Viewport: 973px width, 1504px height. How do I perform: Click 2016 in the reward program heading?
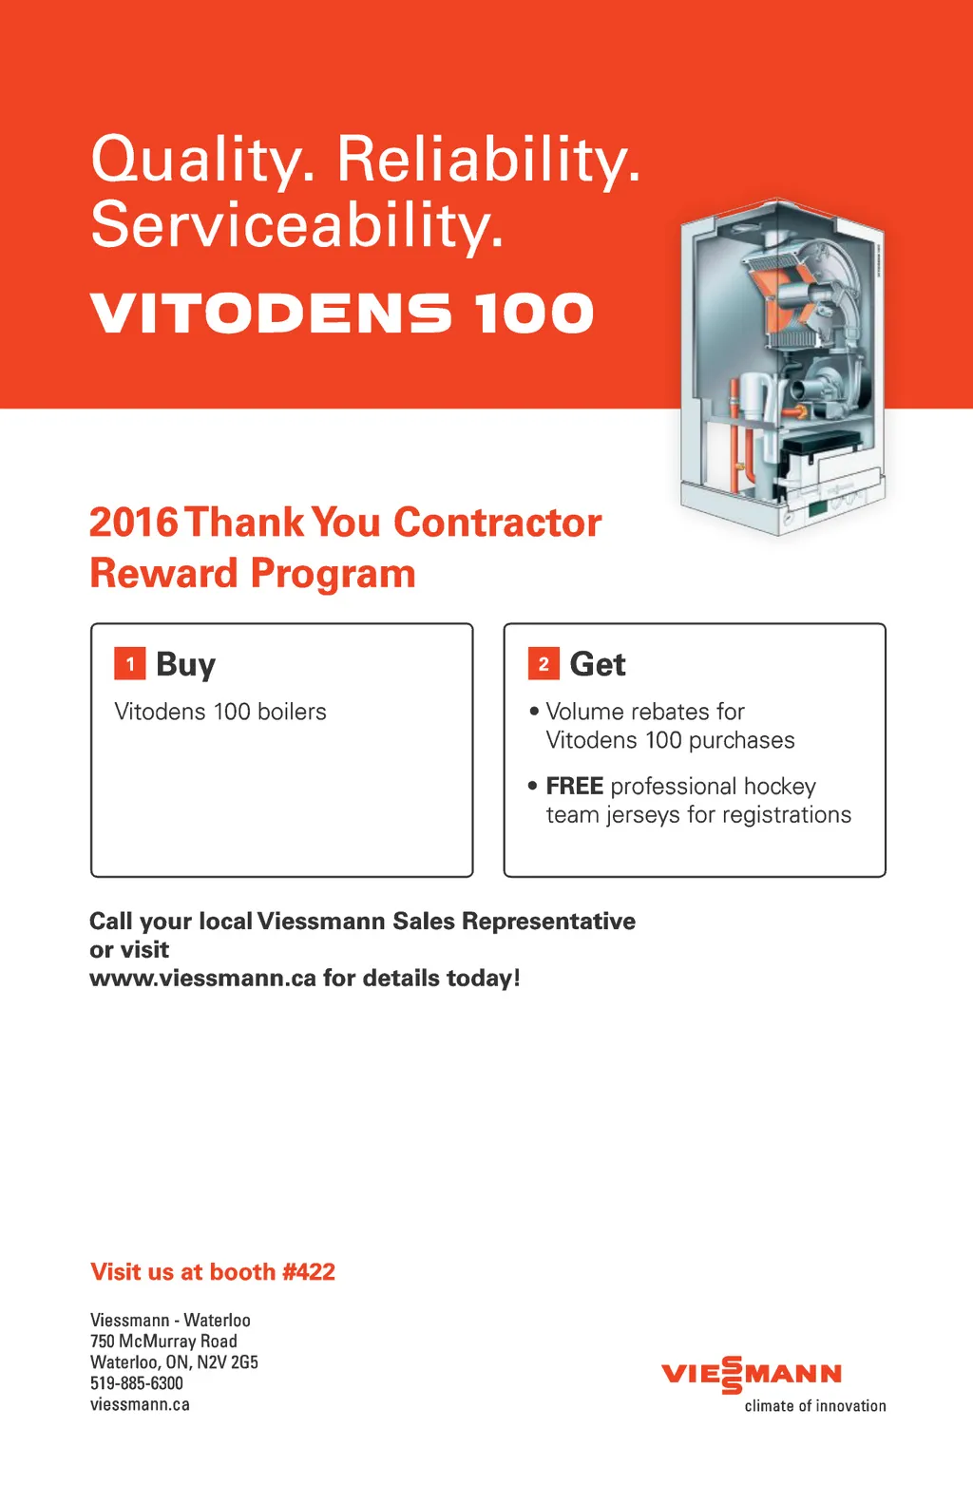(134, 523)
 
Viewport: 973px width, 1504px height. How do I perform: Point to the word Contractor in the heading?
(497, 523)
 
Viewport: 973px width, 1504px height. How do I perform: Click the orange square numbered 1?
(129, 664)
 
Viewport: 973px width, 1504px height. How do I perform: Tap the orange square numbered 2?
(544, 664)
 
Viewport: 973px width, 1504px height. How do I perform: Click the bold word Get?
(598, 665)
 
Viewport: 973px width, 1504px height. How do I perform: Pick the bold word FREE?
(574, 786)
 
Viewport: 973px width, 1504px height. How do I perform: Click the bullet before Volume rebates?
(534, 711)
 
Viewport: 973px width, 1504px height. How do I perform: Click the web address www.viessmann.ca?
(202, 979)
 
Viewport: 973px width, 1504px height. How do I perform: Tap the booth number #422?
(308, 1271)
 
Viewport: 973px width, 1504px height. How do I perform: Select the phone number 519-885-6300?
(136, 1383)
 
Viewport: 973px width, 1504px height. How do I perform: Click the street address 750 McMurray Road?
(163, 1341)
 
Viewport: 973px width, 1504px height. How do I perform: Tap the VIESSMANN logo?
(752, 1374)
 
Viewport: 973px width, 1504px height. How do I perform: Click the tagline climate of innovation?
(815, 1406)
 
